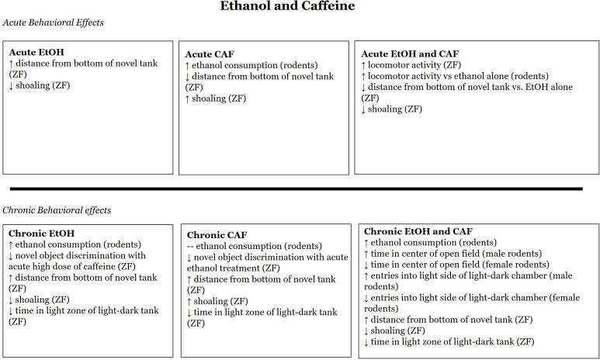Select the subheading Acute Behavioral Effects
coord(54,23)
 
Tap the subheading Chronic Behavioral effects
coord(57,210)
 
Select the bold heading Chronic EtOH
coord(41,233)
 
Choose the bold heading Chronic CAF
coord(217,234)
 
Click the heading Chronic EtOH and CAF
coord(418,231)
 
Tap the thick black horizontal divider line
coord(295,189)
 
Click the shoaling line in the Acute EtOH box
coord(40,85)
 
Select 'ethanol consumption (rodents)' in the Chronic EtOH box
coord(69,244)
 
